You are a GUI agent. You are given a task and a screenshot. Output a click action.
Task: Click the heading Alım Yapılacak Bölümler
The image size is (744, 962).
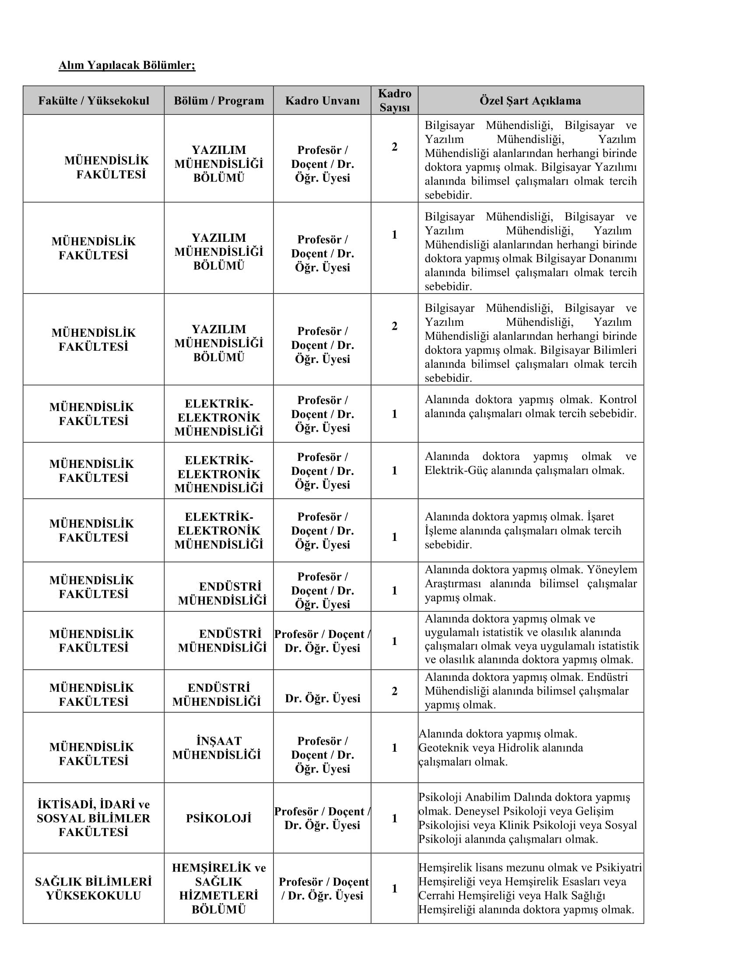[127, 65]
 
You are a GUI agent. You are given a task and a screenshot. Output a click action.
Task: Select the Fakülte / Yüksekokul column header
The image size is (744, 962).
[94, 101]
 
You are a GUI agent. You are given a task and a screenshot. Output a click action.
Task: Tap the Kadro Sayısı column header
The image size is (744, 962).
[394, 101]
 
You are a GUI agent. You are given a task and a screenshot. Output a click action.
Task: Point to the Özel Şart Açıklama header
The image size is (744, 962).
[530, 101]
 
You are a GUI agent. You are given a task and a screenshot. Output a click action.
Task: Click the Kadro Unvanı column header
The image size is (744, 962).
[322, 101]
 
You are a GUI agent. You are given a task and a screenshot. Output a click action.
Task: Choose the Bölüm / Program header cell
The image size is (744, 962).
[219, 101]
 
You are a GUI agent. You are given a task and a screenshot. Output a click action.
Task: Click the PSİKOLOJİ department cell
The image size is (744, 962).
[219, 818]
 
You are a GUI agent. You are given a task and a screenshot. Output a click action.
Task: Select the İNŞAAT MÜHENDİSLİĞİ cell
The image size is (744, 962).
[217, 747]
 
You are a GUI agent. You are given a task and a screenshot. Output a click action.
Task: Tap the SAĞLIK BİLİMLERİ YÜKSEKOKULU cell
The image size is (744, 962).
[94, 889]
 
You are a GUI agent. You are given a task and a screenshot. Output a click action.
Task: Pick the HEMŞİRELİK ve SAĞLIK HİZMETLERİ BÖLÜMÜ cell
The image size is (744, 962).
[219, 889]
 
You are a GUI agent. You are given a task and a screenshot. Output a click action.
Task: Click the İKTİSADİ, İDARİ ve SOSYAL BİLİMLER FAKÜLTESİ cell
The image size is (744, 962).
[94, 818]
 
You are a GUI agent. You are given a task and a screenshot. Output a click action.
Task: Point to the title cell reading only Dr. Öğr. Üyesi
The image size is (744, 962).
[323, 698]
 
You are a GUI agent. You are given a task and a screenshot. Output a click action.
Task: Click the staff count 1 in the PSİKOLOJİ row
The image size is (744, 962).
[394, 818]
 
